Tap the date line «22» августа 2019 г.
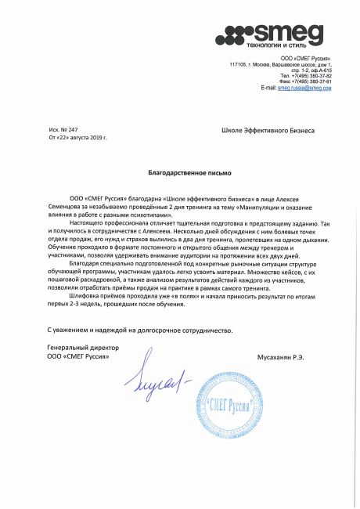point(78,136)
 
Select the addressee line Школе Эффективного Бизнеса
point(268,131)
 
